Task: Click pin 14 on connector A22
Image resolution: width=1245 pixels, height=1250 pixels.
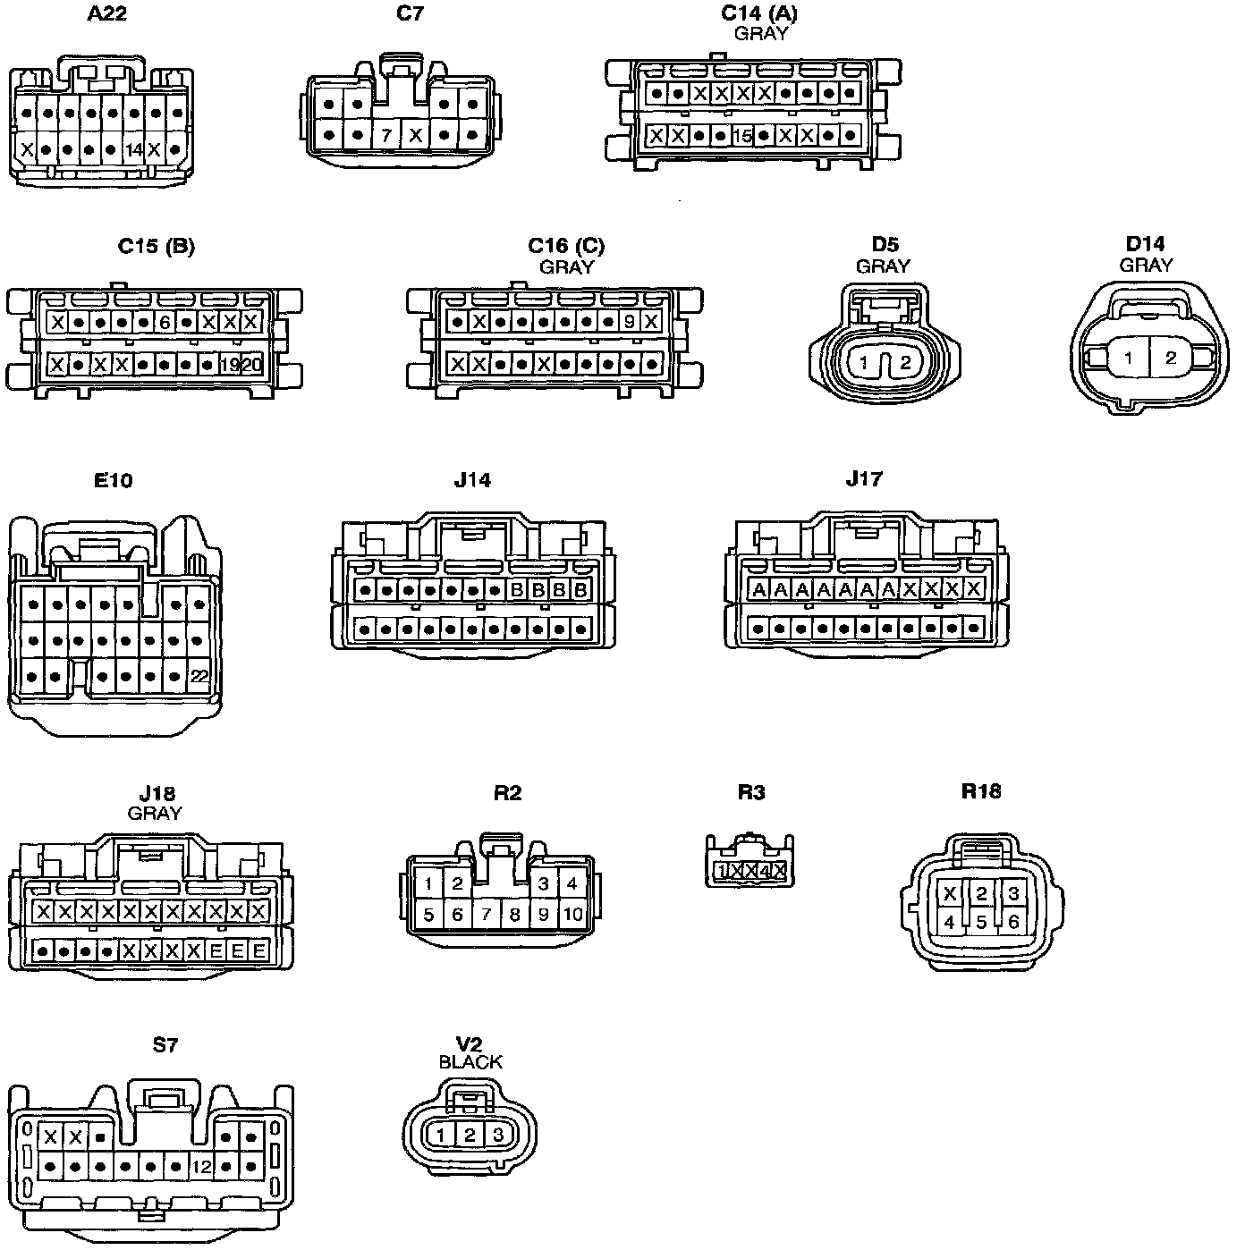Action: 133,150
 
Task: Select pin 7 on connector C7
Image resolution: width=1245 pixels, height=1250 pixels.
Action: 386,136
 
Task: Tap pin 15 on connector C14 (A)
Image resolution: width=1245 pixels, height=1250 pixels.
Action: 742,136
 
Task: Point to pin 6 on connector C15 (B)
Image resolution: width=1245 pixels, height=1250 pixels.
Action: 165,322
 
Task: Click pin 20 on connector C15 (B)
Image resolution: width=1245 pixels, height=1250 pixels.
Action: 251,365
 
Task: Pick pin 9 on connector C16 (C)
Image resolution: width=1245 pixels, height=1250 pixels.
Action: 630,322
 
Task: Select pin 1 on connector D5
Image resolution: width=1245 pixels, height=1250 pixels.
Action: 864,363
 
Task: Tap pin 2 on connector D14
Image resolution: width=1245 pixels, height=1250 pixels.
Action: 1171,359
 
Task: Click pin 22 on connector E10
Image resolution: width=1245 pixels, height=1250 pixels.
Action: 199,676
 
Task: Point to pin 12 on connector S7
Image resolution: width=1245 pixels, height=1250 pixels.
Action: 201,1167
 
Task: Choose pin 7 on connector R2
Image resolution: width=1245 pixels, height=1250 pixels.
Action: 486,915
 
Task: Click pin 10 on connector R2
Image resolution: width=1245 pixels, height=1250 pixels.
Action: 572,915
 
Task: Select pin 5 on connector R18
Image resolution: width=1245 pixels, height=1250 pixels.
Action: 981,922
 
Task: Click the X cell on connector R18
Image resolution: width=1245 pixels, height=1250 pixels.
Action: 950,893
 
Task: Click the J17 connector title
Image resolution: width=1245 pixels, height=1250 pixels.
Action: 864,479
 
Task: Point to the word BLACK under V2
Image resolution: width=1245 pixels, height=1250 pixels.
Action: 470,1062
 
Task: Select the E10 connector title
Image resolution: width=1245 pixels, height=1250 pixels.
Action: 114,481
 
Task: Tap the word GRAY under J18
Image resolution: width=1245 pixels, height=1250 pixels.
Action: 155,814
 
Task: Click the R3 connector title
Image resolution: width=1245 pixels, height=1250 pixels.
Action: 750,792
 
